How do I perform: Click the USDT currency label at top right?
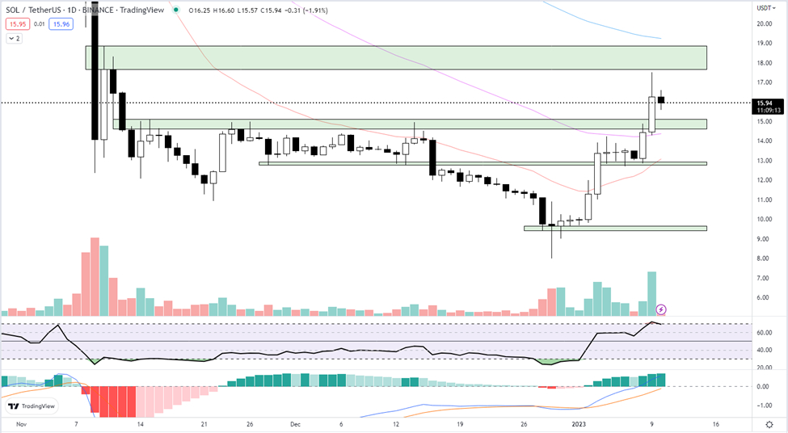pos(765,8)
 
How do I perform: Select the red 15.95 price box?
pos(16,24)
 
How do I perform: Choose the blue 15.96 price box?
pos(61,24)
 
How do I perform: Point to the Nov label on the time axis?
pos(21,423)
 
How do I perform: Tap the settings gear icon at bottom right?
pos(768,423)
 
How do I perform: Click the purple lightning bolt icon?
pos(661,309)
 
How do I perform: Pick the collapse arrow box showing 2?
pos(14,38)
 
